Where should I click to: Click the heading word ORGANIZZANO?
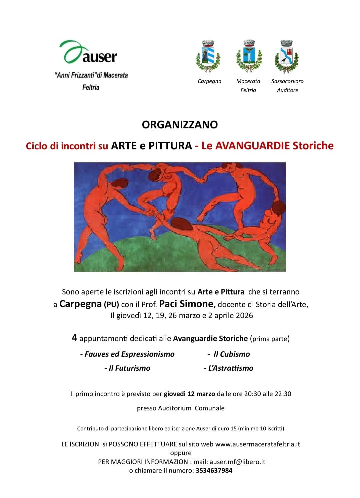[180, 125]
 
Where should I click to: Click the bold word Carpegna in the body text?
[80, 304]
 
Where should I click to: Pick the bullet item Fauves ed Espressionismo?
[127, 354]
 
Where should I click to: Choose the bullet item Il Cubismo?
[230, 354]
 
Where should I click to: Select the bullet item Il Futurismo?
[127, 368]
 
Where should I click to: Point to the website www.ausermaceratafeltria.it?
[258, 444]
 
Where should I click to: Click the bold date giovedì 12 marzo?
[189, 394]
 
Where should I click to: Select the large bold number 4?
[75, 338]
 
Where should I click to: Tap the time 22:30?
[283, 394]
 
